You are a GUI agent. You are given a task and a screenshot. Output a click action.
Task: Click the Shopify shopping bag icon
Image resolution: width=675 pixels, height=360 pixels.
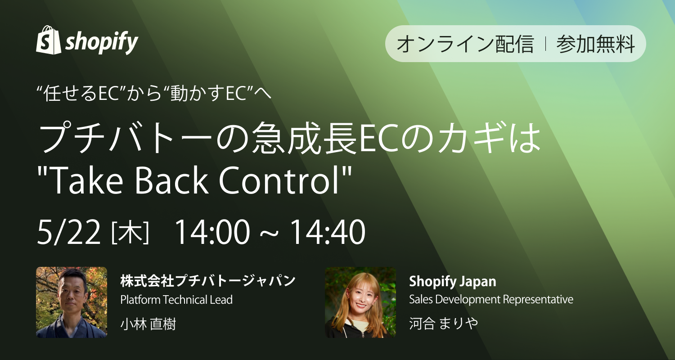[x=48, y=40]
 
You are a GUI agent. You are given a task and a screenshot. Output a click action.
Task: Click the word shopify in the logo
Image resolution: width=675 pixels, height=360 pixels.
[x=102, y=43]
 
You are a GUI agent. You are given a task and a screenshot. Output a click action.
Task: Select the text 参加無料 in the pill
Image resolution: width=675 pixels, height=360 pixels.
[x=596, y=44]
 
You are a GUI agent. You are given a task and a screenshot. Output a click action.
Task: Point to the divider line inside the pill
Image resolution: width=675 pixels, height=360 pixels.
[x=545, y=44]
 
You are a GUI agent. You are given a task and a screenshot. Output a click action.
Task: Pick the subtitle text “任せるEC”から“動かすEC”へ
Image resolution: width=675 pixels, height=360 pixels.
[x=154, y=94]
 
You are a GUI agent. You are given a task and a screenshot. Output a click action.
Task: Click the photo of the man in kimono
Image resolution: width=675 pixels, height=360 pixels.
[x=72, y=302]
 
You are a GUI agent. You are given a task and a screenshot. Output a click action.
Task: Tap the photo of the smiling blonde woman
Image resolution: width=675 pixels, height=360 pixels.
[x=360, y=302]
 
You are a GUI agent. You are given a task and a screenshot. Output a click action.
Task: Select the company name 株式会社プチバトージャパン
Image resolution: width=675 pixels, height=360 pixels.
[x=208, y=281]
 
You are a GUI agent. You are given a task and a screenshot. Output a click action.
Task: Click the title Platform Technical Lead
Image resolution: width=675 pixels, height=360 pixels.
[x=176, y=300]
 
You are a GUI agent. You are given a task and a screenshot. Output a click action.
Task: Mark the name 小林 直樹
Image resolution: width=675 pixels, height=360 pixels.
[x=148, y=324]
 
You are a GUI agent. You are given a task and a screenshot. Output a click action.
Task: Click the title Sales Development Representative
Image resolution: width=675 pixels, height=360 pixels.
[x=491, y=300]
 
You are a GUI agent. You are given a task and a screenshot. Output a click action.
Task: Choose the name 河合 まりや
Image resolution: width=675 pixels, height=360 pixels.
[x=443, y=324]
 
